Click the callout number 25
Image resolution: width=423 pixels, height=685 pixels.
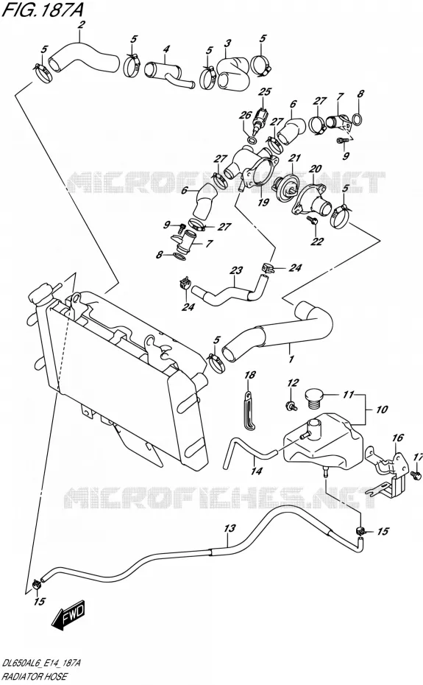(x=265, y=92)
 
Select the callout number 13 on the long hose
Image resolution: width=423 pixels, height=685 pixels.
(x=230, y=529)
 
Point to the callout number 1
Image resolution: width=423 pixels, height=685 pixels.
(x=291, y=359)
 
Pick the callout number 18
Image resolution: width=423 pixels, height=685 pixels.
(x=249, y=374)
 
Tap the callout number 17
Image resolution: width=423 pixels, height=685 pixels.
(x=418, y=457)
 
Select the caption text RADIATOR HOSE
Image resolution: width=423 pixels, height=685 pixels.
(x=35, y=676)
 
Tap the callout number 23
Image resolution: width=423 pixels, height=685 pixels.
(x=236, y=270)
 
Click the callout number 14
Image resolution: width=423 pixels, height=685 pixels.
(x=257, y=471)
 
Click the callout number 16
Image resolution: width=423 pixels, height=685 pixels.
(x=398, y=438)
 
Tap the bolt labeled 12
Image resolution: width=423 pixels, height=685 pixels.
(x=291, y=406)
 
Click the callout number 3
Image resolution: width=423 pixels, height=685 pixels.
(x=227, y=43)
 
